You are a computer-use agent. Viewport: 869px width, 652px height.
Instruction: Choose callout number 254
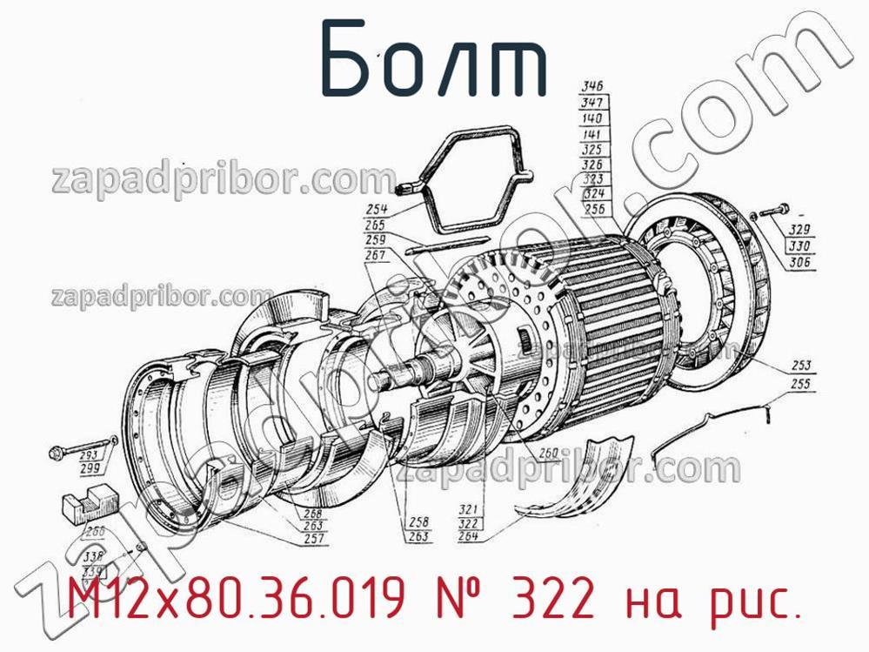point(376,210)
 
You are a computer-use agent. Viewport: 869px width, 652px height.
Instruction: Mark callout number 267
point(376,255)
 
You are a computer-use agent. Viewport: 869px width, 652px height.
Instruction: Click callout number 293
point(88,455)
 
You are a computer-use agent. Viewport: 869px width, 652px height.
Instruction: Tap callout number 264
point(469,536)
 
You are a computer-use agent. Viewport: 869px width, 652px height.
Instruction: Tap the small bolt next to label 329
point(772,211)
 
